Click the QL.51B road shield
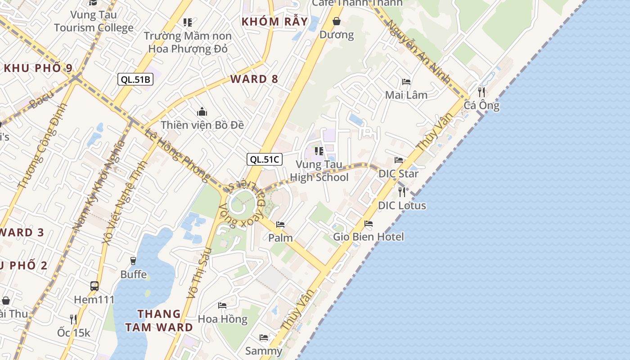135,80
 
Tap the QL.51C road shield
265,159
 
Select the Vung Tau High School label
319,171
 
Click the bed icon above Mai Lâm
406,82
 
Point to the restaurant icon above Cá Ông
481,92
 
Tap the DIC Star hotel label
398,174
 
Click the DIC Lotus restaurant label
402,205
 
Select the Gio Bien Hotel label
369,237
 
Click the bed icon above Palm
280,224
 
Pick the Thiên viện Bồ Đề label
202,125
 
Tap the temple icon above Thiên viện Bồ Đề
202,111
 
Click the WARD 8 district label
254,79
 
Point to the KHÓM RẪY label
274,22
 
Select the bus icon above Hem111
94,286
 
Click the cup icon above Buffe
133,261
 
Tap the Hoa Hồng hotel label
223,319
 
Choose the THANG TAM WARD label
159,320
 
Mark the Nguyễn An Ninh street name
419,51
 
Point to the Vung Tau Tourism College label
94,21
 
